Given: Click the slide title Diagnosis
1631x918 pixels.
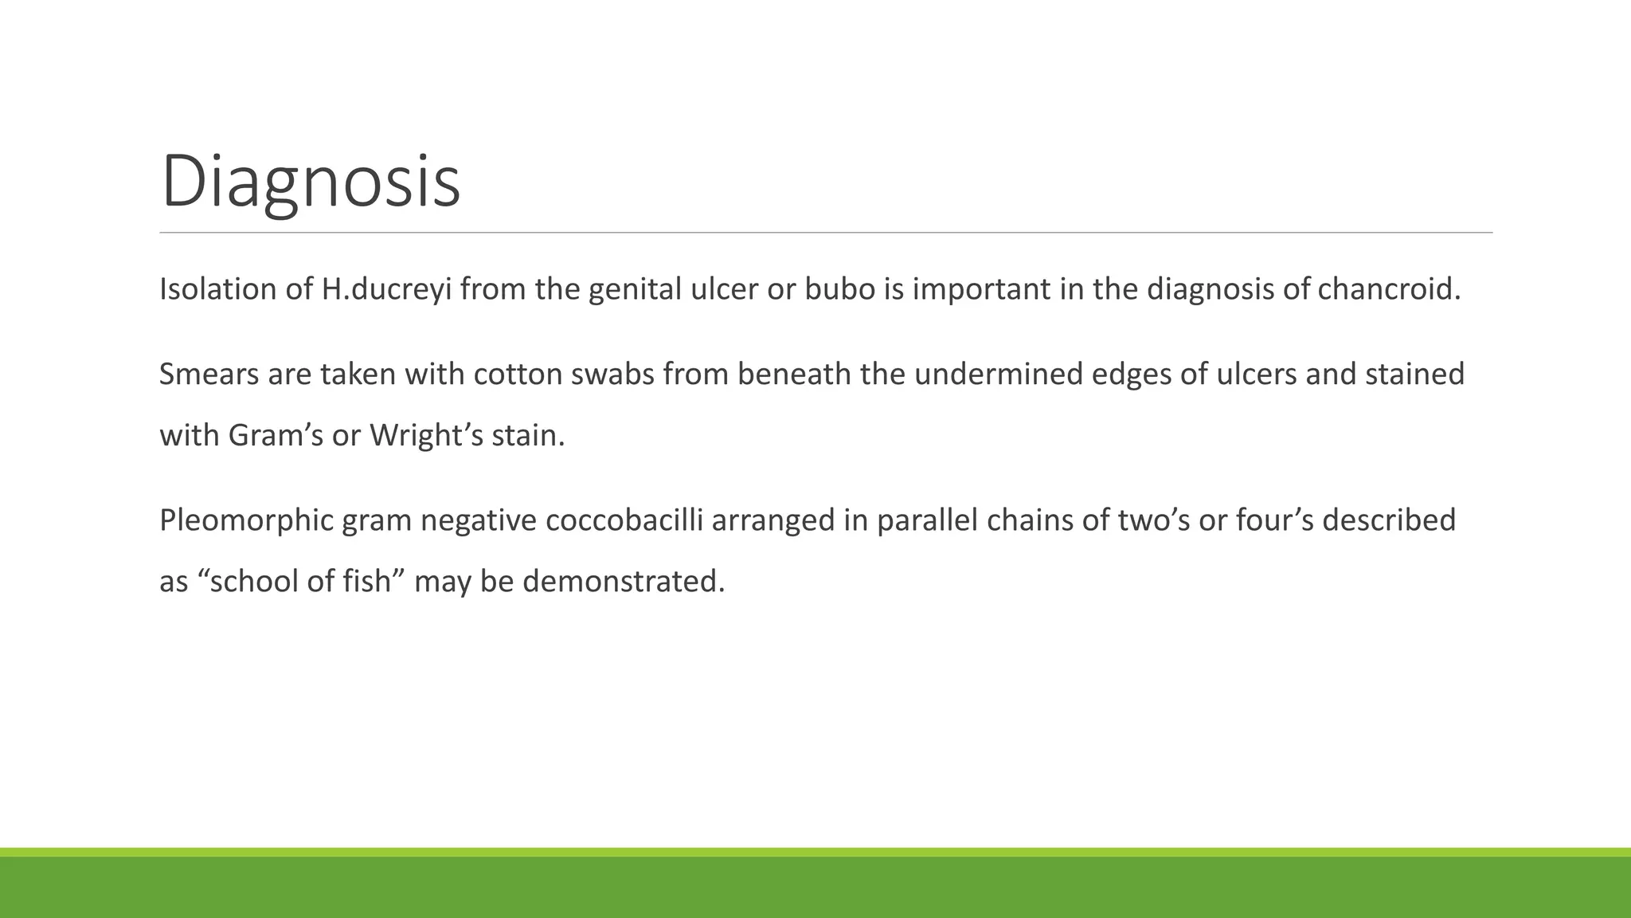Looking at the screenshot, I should pos(311,182).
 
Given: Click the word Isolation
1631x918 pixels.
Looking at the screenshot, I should pos(217,289).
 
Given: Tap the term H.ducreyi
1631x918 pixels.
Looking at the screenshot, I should pos(386,289).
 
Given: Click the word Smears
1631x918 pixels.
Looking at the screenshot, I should pos(209,375).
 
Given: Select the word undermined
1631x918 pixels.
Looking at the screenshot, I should pos(999,375).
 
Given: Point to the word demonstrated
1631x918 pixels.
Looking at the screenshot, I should pos(624,583).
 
